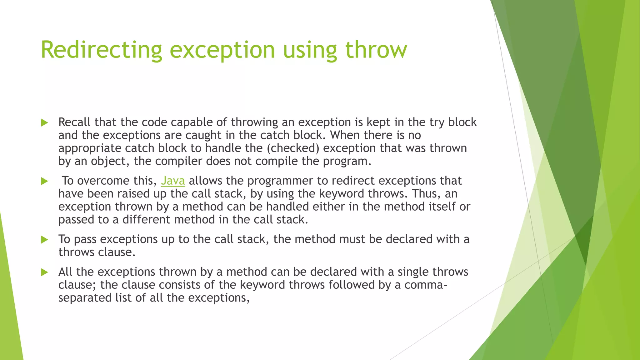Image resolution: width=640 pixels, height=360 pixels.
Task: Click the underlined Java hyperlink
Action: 173,181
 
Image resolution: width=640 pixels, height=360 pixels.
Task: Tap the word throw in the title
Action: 376,50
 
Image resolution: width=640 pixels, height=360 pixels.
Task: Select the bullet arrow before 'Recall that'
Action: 44,123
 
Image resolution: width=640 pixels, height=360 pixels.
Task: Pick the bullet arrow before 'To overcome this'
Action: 44,181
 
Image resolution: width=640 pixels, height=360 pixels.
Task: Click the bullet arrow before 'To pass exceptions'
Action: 44,240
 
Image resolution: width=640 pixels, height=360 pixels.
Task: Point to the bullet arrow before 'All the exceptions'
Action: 44,272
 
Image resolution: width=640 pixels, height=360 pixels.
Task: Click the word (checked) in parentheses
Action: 293,148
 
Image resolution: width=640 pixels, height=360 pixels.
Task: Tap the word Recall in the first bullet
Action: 74,122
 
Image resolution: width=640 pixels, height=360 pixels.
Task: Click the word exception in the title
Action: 222,50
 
